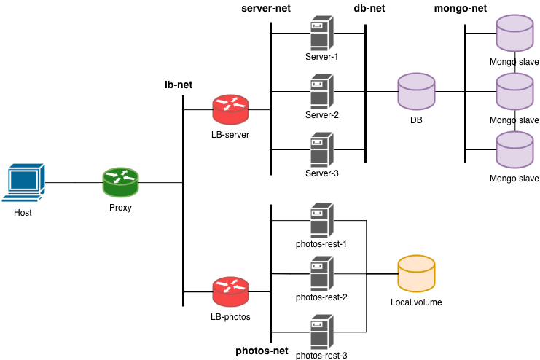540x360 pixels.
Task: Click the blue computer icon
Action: (x=23, y=182)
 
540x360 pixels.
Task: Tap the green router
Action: (x=120, y=183)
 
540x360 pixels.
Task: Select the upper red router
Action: (x=230, y=110)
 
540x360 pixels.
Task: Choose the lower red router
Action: (x=230, y=291)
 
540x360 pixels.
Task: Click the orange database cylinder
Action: (x=416, y=274)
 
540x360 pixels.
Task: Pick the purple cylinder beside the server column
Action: (x=416, y=92)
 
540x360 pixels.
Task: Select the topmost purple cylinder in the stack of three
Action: (x=514, y=34)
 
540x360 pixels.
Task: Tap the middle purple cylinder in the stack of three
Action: (x=514, y=92)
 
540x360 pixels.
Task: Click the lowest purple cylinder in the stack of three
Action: (x=514, y=150)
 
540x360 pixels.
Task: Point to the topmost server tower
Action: (x=321, y=34)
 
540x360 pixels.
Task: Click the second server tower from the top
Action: (x=321, y=92)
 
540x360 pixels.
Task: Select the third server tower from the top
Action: (x=321, y=150)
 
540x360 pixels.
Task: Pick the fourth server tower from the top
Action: (x=321, y=221)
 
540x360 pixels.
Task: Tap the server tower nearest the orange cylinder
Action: (x=321, y=274)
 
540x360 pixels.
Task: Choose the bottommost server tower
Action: (x=321, y=332)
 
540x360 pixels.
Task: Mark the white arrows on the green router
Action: (x=120, y=176)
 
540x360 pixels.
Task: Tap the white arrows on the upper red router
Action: (x=230, y=103)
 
